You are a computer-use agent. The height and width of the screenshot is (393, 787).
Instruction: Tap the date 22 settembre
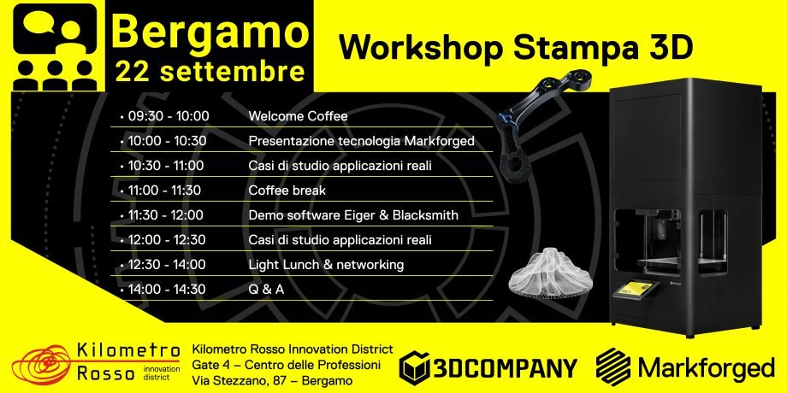tap(210, 72)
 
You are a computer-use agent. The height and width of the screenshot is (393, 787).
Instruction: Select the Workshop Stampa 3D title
tap(516, 47)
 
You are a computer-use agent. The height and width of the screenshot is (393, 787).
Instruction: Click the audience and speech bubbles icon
tap(54, 47)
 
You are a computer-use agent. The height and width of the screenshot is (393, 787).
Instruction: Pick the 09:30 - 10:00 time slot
tap(169, 116)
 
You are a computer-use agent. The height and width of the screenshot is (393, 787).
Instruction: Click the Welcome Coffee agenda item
tap(299, 116)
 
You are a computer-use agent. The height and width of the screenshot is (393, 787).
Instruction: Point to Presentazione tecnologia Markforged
tap(361, 141)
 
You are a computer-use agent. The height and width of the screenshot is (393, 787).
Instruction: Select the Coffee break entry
tap(287, 191)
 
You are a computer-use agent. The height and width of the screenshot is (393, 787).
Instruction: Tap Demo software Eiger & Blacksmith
tap(353, 215)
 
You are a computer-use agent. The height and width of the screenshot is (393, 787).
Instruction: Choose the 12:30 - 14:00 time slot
tap(167, 265)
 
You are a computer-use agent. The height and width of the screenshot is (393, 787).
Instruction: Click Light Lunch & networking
tap(326, 265)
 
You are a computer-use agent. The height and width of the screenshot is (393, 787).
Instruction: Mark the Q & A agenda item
tap(267, 290)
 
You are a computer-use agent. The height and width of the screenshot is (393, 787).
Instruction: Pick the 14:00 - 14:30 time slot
tap(167, 290)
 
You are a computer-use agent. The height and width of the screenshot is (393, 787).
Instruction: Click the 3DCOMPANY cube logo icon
tap(414, 367)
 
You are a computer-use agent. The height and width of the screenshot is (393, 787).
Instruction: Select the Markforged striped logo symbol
tap(613, 367)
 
